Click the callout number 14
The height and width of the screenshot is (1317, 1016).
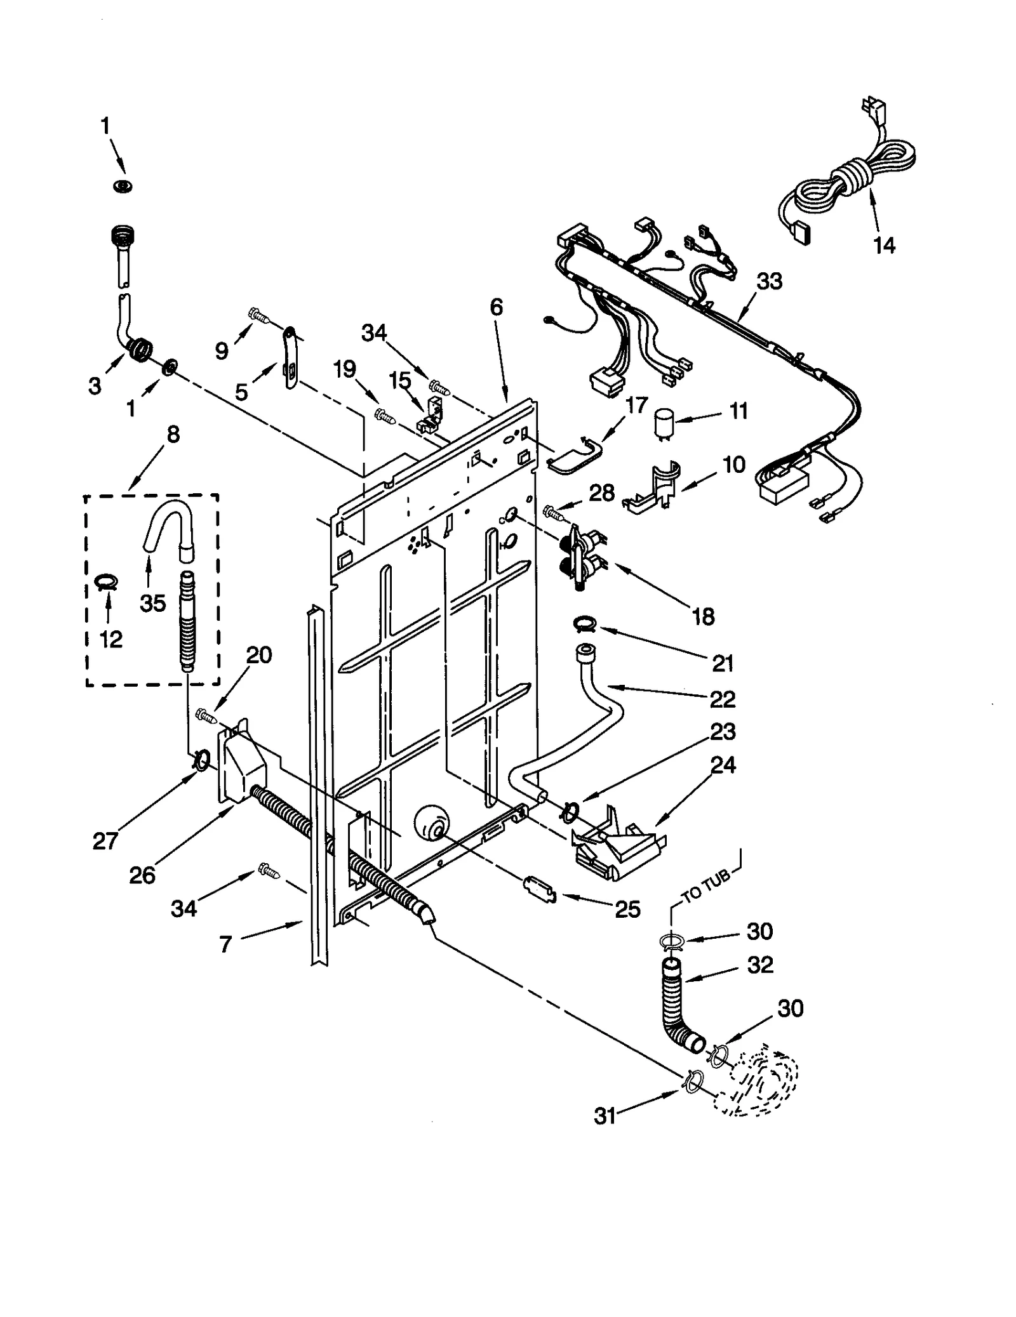click(x=884, y=245)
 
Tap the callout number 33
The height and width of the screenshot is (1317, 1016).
click(x=769, y=281)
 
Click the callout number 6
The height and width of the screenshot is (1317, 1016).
click(x=496, y=307)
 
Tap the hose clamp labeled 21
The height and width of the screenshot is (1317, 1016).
click(x=584, y=626)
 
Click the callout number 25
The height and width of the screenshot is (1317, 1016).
click(x=627, y=909)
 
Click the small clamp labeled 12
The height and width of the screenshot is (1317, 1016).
click(x=107, y=581)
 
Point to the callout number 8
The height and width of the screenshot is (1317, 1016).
click(x=173, y=435)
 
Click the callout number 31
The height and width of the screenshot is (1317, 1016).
click(x=605, y=1116)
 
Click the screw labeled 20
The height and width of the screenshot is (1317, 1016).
click(x=206, y=715)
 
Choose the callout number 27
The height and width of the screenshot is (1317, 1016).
click(x=105, y=841)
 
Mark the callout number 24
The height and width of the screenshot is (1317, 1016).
click(x=723, y=765)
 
